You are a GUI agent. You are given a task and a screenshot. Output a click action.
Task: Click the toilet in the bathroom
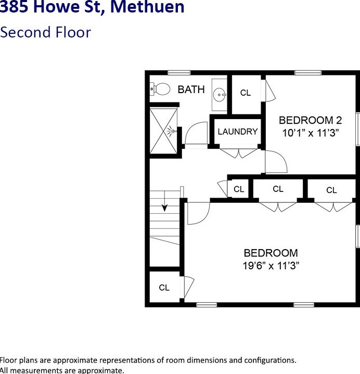[x=161, y=89]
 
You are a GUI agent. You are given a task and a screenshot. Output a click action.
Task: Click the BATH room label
[x=191, y=89]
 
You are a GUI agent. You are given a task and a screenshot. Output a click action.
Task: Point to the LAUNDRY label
[x=237, y=132]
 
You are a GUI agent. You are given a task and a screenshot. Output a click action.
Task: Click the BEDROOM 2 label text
[x=310, y=120]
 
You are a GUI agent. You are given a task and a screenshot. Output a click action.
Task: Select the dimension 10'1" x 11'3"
[x=311, y=133]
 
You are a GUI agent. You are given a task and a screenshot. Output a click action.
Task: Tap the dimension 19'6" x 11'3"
[x=271, y=266]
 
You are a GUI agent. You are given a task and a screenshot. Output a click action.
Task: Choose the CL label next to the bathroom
[x=246, y=93]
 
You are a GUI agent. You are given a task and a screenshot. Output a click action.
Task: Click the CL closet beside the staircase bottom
[x=164, y=288]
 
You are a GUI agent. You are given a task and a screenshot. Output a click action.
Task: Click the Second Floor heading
[x=45, y=32]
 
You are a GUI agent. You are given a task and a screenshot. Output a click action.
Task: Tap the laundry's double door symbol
[x=237, y=153]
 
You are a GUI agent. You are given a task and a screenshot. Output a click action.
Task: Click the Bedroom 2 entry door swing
[x=275, y=162]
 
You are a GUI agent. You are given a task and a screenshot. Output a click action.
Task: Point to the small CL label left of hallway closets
[x=239, y=189]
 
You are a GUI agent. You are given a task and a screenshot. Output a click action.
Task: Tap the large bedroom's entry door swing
[x=198, y=211]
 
